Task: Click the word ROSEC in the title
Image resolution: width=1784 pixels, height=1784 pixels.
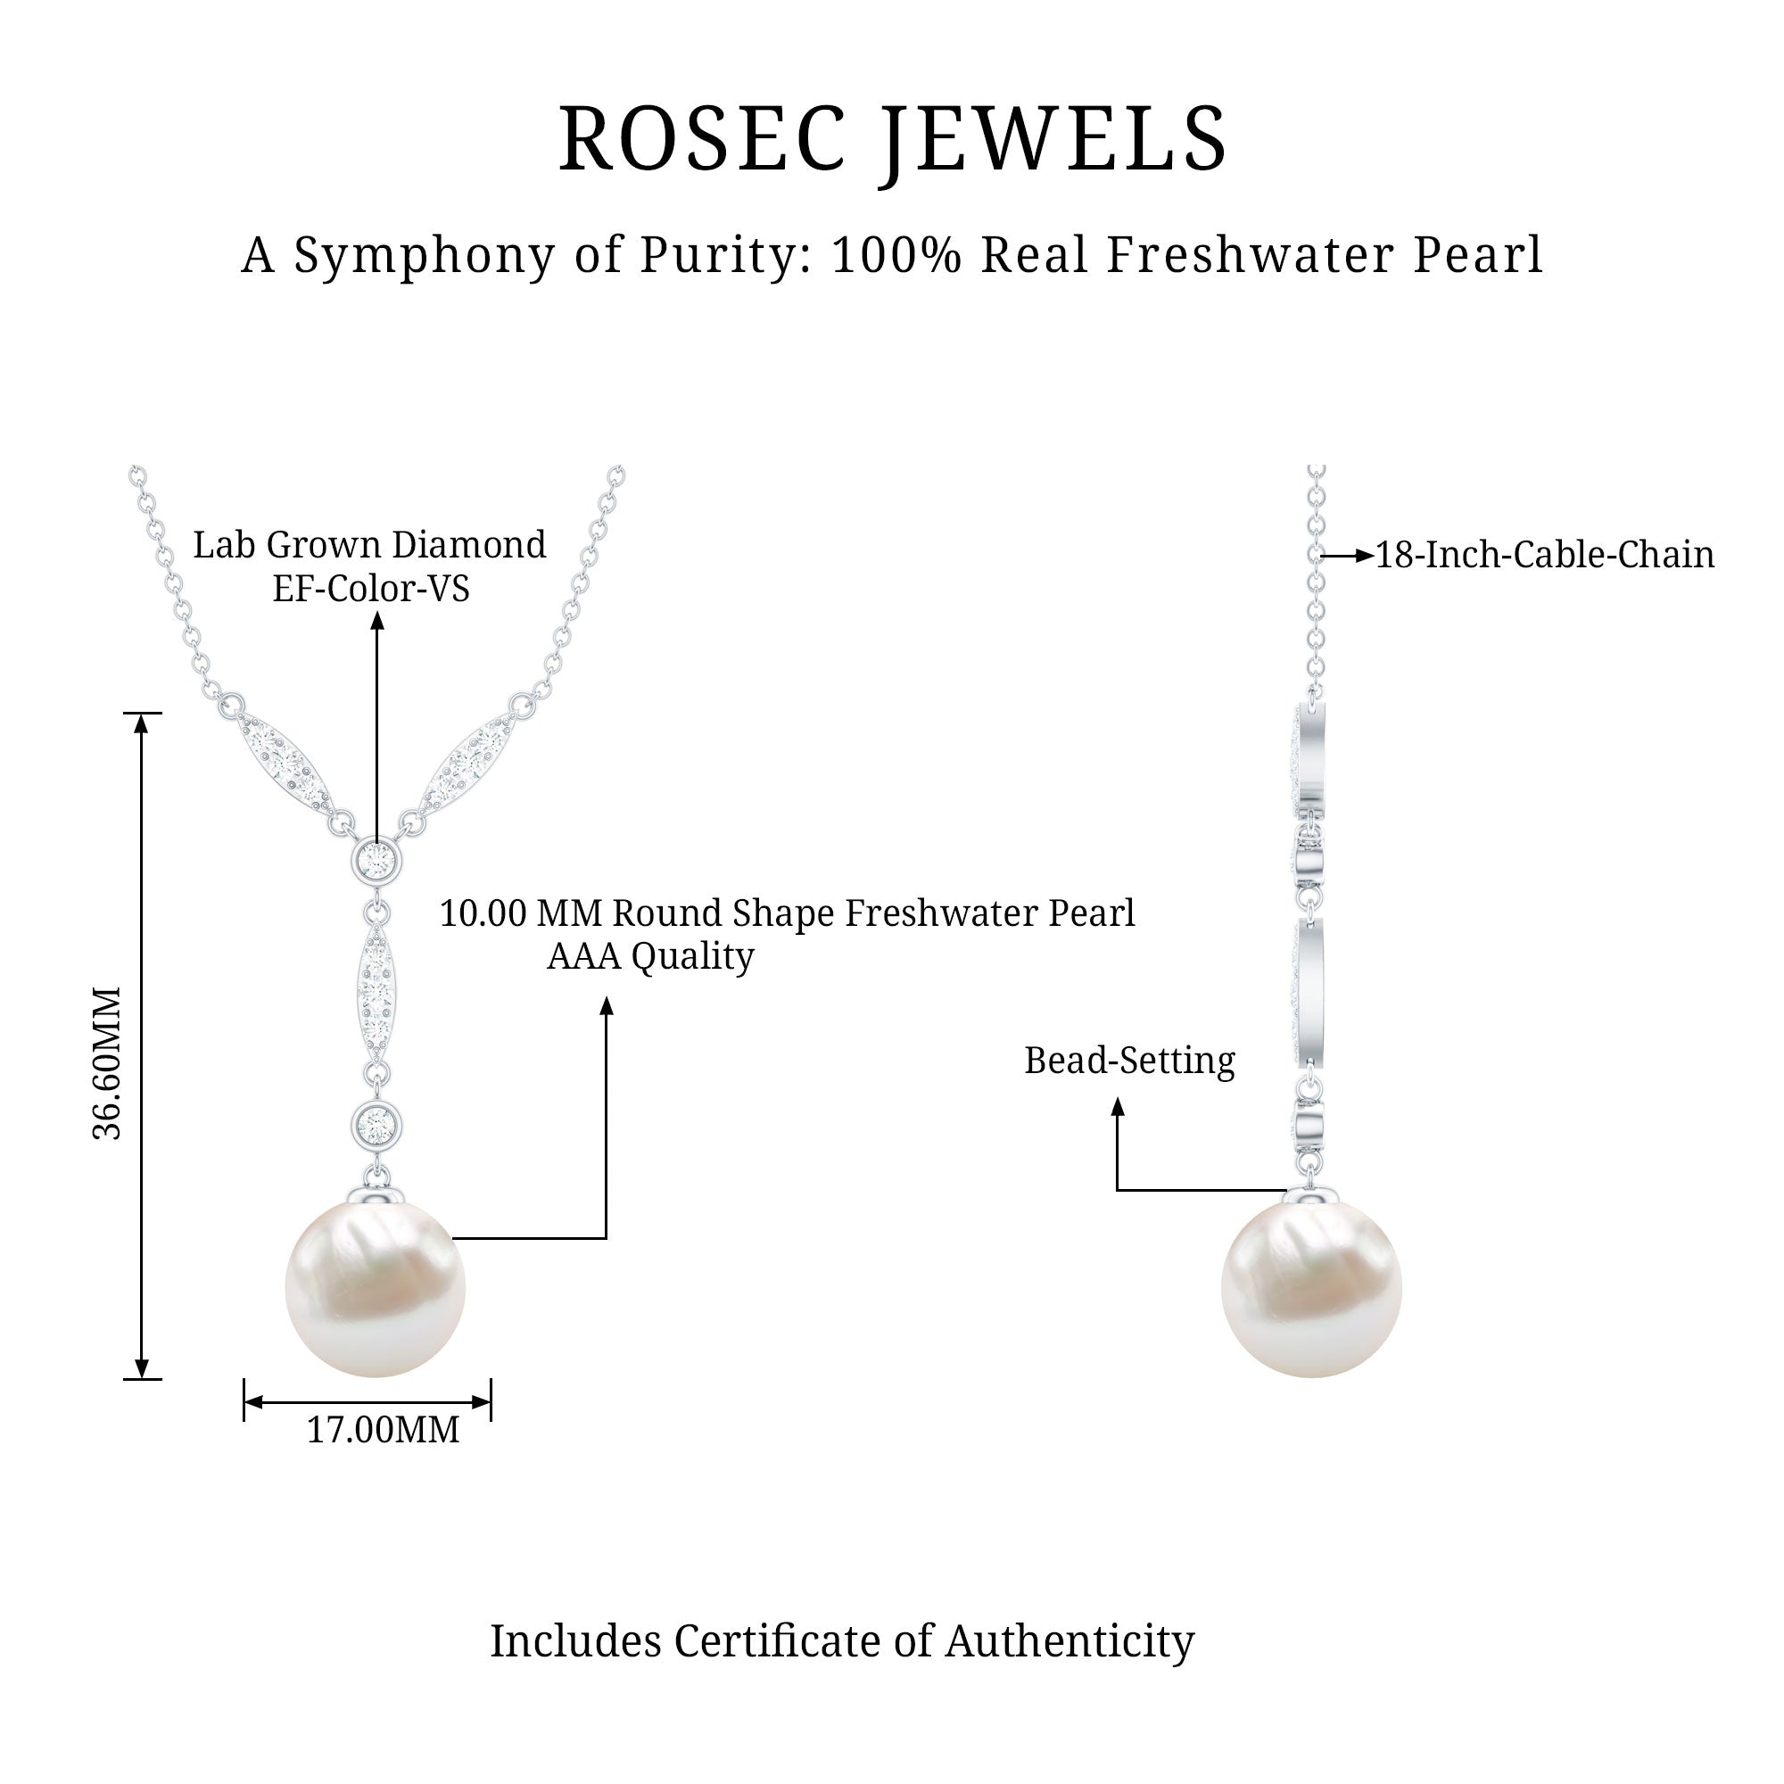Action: tap(703, 139)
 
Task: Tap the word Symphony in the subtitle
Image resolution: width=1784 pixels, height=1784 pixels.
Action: tap(425, 256)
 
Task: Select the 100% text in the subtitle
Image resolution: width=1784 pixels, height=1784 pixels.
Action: tap(897, 255)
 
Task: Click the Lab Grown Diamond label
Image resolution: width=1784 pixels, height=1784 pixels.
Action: tap(369, 545)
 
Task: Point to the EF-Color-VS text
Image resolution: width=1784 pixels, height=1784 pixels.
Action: tap(370, 588)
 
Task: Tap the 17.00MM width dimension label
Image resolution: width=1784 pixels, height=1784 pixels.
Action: tap(383, 1431)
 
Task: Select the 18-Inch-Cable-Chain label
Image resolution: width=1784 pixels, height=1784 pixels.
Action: tap(1544, 555)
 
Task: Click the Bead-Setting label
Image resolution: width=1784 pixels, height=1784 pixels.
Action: tap(1128, 1060)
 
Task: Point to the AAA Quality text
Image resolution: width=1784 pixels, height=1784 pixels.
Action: tap(650, 955)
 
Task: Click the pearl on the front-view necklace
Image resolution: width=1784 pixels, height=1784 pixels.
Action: tap(375, 1287)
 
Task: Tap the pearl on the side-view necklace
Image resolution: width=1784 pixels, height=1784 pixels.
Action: tap(1310, 1287)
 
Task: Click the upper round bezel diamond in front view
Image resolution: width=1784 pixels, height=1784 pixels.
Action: tap(376, 861)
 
